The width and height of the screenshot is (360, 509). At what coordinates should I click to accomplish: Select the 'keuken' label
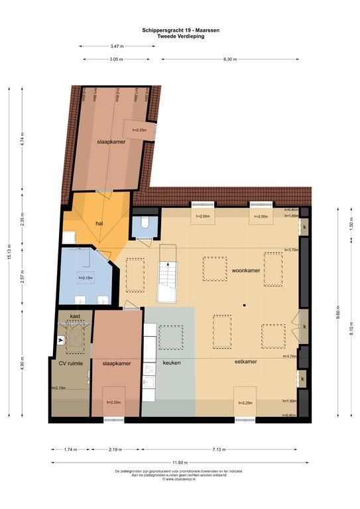[x=172, y=363]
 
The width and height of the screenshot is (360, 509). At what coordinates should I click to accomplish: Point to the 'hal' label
[x=99, y=223]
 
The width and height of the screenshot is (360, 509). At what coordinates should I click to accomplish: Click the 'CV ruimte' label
[x=70, y=363]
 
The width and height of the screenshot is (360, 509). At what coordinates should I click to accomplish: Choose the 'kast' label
[x=76, y=317]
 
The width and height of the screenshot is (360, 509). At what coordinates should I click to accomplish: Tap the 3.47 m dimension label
[x=116, y=46]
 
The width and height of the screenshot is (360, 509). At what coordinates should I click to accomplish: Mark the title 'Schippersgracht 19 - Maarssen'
[x=180, y=30]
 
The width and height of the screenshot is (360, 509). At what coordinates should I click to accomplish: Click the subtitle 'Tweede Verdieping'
[x=180, y=36]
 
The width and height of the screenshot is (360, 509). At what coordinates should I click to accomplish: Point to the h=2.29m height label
[x=114, y=402]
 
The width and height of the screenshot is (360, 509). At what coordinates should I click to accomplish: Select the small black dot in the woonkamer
[x=244, y=305]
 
